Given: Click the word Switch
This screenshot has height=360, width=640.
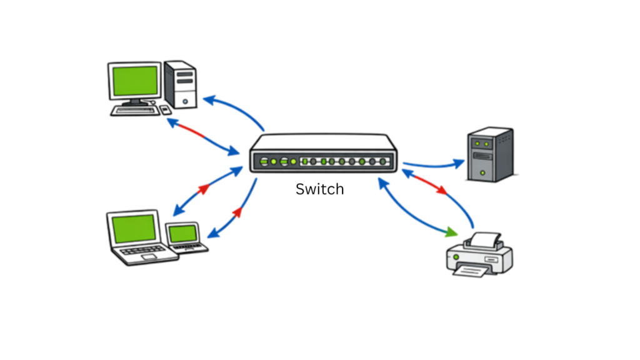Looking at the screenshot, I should pos(319,189).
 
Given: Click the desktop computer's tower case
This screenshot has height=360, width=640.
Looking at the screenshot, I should pos(182,84).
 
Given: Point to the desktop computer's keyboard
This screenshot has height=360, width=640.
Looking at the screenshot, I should pos(134,110).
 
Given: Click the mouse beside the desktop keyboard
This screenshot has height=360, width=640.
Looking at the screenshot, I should pos(165,109).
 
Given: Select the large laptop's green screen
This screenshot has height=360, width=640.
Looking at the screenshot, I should pos(133,229).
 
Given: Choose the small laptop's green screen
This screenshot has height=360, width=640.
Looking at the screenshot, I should pos(183,234).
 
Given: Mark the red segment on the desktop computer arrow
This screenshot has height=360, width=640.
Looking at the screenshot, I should pos(194,132).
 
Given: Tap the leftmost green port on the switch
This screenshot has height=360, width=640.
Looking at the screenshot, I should pos(264,162).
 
